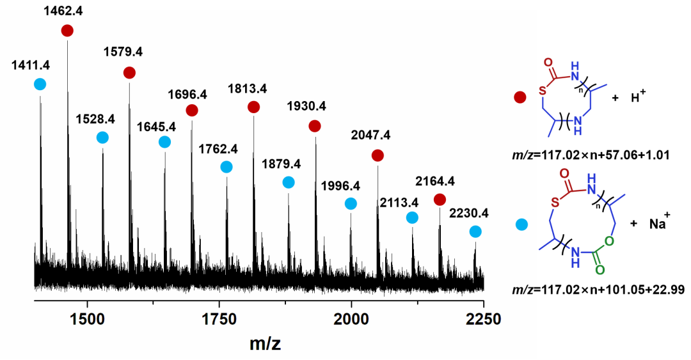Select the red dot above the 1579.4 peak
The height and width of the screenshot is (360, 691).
(x=129, y=73)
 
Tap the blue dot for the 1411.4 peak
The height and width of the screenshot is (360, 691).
(x=40, y=84)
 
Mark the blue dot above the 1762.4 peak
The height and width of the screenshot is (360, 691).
(x=226, y=167)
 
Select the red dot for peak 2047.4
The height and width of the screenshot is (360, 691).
(x=377, y=155)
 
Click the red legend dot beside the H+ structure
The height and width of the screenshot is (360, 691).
(x=520, y=97)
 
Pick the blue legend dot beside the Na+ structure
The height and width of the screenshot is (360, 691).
(x=521, y=224)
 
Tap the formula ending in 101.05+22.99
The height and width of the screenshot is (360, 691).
(x=586, y=290)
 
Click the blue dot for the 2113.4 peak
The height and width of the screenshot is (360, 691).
(x=412, y=217)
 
